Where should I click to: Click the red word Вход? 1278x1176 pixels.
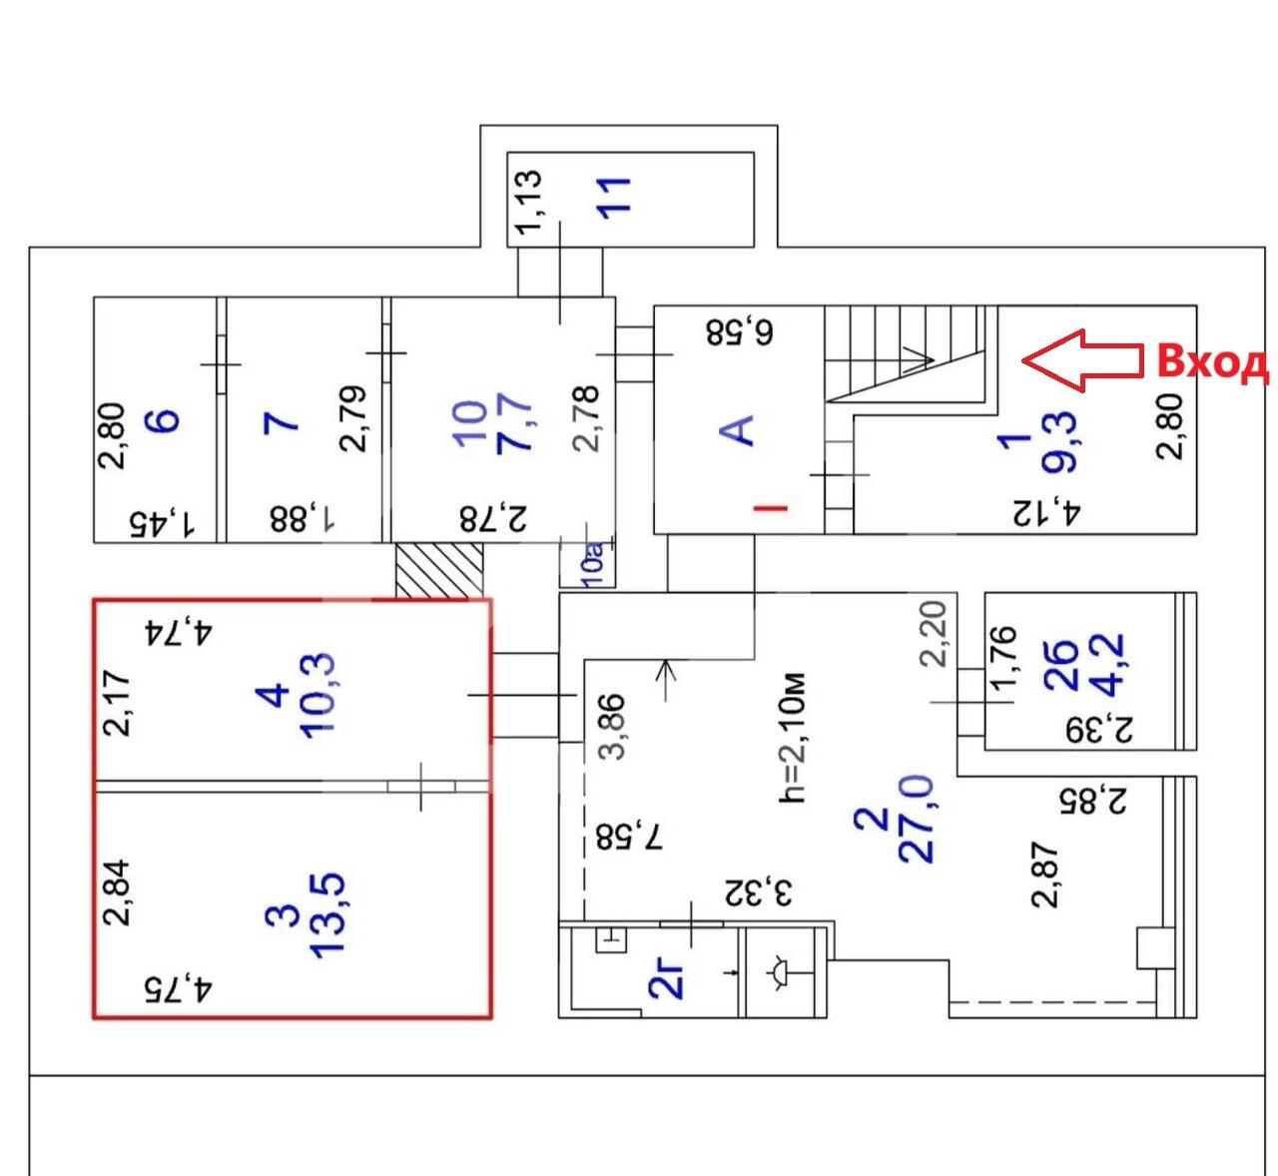(1211, 361)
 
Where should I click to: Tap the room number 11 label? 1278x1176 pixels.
(614, 196)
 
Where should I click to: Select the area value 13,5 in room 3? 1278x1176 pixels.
(326, 914)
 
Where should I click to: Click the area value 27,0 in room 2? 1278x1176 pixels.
(916, 819)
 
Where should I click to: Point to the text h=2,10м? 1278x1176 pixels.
(791, 738)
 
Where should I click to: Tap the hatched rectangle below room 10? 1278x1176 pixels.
(438, 570)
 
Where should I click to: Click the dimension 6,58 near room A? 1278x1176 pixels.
(739, 331)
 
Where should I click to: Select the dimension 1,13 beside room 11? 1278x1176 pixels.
(528, 201)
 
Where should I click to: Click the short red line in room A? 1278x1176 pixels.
(770, 508)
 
